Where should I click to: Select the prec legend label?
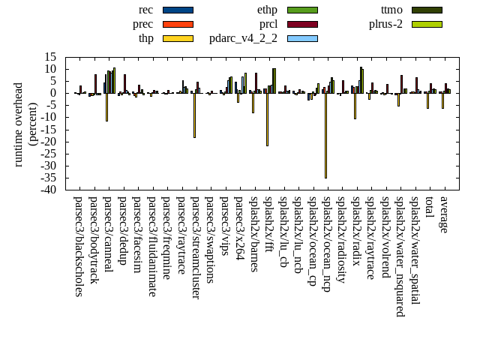coord(142,24)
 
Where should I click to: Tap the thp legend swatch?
coord(178,38)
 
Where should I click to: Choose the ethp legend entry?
coord(267,10)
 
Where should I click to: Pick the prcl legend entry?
coord(268,24)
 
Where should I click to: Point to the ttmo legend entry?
coord(391,10)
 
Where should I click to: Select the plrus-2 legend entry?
coord(385,24)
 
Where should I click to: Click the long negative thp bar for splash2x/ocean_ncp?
coord(325,135)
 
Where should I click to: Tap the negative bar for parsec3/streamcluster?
coord(194,115)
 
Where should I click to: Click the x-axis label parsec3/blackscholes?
coord(78,246)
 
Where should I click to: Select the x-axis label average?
coord(444,214)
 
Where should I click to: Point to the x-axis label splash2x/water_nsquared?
coord(400,256)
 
